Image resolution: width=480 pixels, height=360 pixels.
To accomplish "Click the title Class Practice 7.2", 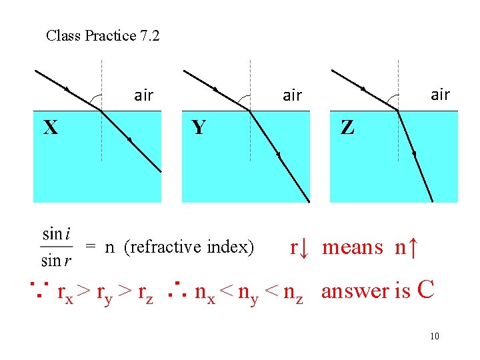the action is coord(103,36).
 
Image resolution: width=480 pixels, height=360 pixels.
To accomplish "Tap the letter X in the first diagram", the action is coord(50,127).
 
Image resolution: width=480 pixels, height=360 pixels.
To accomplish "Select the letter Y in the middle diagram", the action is coord(199,127).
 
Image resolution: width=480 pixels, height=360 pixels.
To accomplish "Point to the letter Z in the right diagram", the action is coord(347,127).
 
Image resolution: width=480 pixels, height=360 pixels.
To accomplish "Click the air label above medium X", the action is coord(143,95).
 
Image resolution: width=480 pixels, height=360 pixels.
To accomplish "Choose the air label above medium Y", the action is coord(292,95).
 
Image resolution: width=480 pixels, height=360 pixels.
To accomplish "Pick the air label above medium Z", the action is coord(440,95).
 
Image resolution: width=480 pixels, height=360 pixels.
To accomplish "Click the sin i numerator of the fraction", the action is coord(57,234).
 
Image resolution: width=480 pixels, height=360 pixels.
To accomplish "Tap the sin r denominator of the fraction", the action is coord(57,260).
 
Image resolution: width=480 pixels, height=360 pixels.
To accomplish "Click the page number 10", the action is coord(435,336).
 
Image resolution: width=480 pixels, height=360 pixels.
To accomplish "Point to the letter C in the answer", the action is coord(425,290).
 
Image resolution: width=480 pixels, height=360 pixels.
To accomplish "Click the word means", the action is coord(353,247).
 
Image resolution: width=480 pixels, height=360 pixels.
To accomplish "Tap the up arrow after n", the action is coord(413,247).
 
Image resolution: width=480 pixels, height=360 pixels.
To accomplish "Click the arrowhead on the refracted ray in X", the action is coord(129,140).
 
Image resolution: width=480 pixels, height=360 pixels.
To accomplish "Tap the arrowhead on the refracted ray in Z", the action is coord(414,154).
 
